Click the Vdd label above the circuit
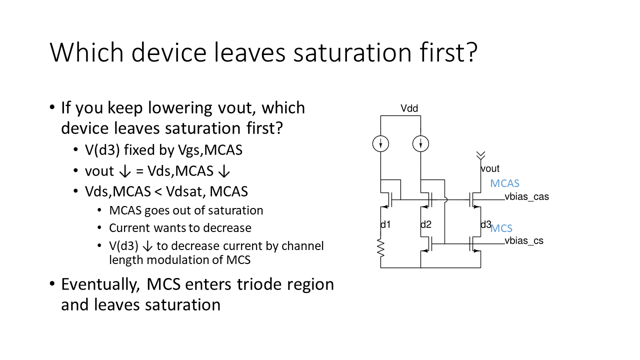click(409, 108)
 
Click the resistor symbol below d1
click(380, 247)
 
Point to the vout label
click(490, 168)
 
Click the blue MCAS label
click(504, 183)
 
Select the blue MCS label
click(501, 228)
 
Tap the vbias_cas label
click(526, 197)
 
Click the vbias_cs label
click(524, 241)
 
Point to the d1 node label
click(385, 224)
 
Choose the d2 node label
click(426, 224)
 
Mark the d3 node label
click(485, 224)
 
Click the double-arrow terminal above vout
click(480, 155)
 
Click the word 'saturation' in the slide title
click(352, 52)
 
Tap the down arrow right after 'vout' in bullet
click(125, 171)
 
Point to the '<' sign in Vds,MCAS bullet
click(158, 191)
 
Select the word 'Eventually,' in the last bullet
click(100, 285)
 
